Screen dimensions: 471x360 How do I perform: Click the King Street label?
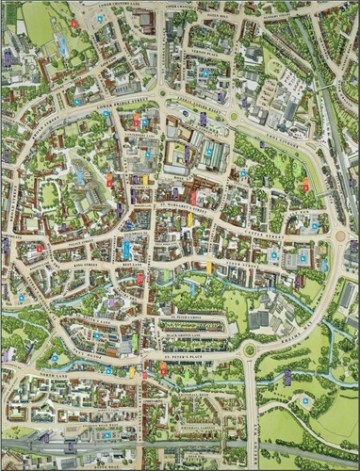click(87, 267)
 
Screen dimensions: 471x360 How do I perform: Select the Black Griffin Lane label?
click(184, 334)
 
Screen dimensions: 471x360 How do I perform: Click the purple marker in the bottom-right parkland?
click(286, 378)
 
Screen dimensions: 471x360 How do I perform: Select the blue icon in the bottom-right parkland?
click(304, 401)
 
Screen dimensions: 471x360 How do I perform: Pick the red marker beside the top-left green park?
click(74, 23)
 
